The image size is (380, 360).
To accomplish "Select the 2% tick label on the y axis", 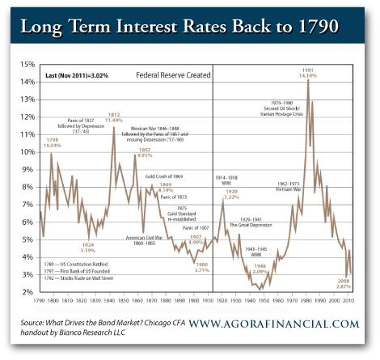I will (27, 291).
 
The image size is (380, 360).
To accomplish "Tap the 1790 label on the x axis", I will (40, 300).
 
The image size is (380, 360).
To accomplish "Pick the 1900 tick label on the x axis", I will (193, 300).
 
